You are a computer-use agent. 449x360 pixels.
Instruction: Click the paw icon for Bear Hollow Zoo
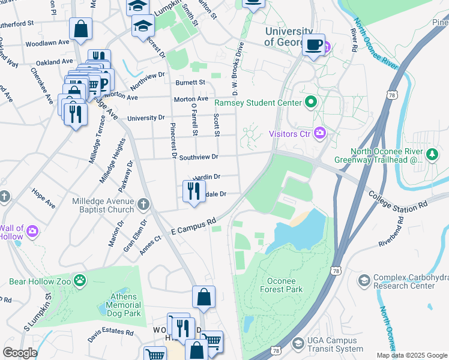coord(80,280)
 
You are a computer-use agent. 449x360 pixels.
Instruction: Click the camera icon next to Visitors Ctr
coord(319,133)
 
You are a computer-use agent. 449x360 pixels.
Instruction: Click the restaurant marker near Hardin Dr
coord(193,191)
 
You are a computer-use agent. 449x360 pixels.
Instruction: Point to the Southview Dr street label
coord(198,157)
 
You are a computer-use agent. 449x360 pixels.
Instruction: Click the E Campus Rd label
coord(193,226)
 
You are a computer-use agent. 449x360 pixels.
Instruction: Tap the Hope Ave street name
coord(43,200)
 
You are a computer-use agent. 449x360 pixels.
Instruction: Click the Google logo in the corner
coord(20,353)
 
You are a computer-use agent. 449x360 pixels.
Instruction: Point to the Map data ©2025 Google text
coord(411,355)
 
